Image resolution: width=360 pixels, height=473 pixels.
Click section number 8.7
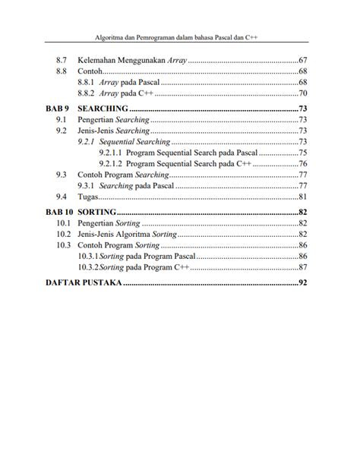(x=62, y=59)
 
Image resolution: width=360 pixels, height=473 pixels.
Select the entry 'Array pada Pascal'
(x=118, y=82)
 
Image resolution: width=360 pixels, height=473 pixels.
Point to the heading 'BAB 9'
(x=58, y=109)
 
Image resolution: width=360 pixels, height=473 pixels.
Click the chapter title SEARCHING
(x=103, y=109)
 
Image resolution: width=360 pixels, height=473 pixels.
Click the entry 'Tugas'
(x=90, y=197)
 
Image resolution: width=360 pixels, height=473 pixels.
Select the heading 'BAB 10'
(x=60, y=212)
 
